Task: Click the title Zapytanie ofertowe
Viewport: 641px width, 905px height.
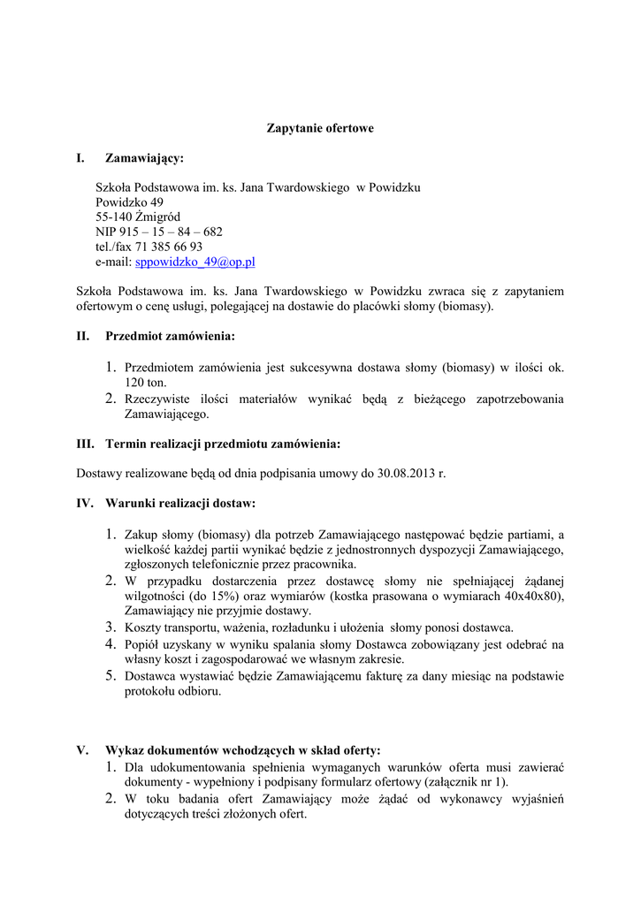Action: coord(320,128)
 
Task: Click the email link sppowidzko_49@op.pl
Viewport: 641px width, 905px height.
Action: coord(195,262)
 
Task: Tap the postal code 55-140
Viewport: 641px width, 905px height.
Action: coord(115,217)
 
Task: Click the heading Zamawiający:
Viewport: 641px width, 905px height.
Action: coord(145,158)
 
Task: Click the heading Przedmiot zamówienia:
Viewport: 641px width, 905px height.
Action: coord(170,336)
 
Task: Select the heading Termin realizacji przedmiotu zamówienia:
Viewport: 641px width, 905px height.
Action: coord(222,443)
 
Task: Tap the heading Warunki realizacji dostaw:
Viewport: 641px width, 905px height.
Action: coord(180,504)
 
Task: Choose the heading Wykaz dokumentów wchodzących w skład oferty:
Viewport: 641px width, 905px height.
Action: coord(243,750)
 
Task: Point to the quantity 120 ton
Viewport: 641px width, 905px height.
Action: coord(145,382)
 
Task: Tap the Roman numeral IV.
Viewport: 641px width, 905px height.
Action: coord(86,504)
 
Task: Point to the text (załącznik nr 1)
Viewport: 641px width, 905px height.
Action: coord(465,781)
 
